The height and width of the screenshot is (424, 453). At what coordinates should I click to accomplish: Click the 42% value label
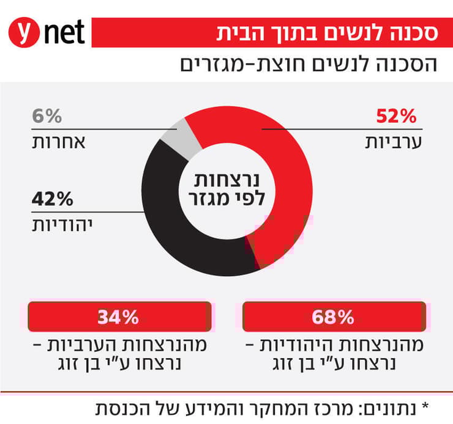(x=52, y=199)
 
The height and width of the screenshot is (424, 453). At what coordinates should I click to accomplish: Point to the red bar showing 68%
(x=334, y=316)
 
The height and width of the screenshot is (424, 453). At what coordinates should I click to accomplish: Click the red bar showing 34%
(x=119, y=316)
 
